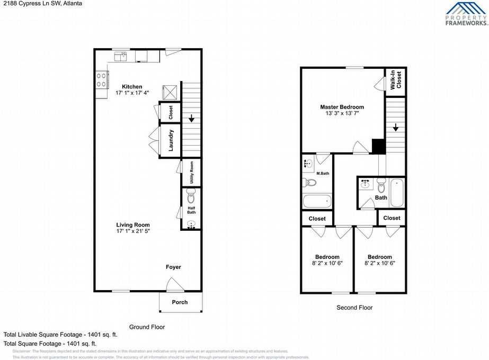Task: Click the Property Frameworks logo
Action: pos(466,14)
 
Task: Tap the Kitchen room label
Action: pos(132,87)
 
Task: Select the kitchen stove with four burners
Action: pos(101,80)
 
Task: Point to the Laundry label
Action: pos(171,140)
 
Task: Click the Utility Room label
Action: pos(191,172)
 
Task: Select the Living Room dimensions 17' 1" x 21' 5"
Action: pos(133,231)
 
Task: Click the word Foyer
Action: pos(173,267)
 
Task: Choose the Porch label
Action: pos(180,302)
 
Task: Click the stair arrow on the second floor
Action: pos(395,128)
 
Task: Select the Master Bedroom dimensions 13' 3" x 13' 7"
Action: pos(342,113)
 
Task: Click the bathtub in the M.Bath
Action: pos(317,201)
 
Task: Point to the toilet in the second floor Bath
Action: pos(381,186)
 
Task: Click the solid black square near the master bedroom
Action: pos(378,146)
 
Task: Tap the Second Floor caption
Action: pos(354,308)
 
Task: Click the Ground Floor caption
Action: pos(147,327)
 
